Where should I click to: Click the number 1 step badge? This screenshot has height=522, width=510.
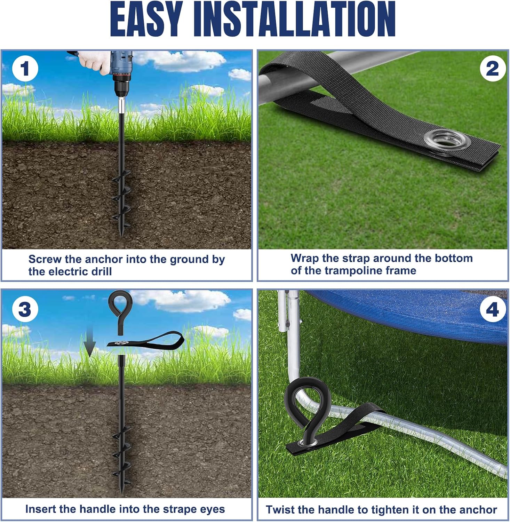[x=25, y=69]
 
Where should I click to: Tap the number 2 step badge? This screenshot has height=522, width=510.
[x=492, y=69]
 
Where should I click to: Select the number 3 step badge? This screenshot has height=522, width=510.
[x=25, y=309]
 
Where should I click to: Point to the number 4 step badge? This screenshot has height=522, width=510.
[x=492, y=309]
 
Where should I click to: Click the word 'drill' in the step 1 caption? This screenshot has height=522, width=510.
[x=100, y=271]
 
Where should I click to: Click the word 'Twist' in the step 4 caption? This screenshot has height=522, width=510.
[x=280, y=509]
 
